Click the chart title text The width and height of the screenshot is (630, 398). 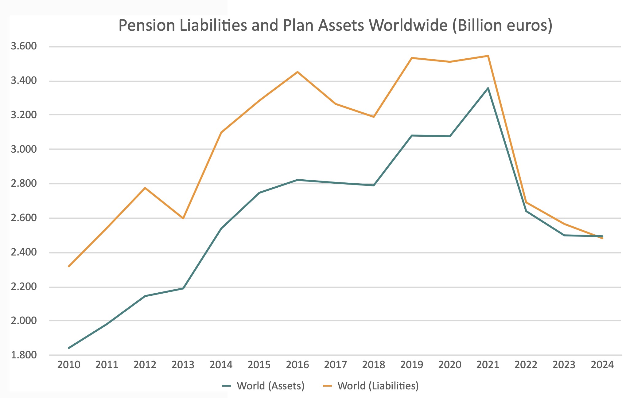pyautogui.click(x=335, y=25)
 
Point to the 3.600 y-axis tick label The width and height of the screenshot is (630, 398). pyautogui.click(x=23, y=47)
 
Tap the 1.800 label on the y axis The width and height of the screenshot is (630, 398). pyautogui.click(x=23, y=355)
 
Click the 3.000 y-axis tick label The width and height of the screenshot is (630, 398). pyautogui.click(x=23, y=149)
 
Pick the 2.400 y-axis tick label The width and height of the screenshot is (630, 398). pyautogui.click(x=23, y=252)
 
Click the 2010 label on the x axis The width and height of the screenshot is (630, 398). pyautogui.click(x=69, y=365)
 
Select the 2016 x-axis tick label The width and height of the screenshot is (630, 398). pyautogui.click(x=297, y=365)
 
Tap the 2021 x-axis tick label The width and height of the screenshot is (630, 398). pyautogui.click(x=488, y=365)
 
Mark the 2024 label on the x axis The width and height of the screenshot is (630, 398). pyautogui.click(x=602, y=365)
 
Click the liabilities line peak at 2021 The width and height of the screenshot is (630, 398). pyautogui.click(x=488, y=56)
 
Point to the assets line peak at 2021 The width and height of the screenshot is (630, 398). pyautogui.click(x=488, y=88)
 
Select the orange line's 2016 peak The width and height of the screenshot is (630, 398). pyautogui.click(x=297, y=72)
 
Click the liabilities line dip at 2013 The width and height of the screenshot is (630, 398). pyautogui.click(x=183, y=218)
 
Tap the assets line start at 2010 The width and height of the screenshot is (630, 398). pyautogui.click(x=69, y=348)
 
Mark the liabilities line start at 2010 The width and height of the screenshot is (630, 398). pyautogui.click(x=69, y=266)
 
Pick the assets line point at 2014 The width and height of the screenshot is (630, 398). pyautogui.click(x=221, y=228)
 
